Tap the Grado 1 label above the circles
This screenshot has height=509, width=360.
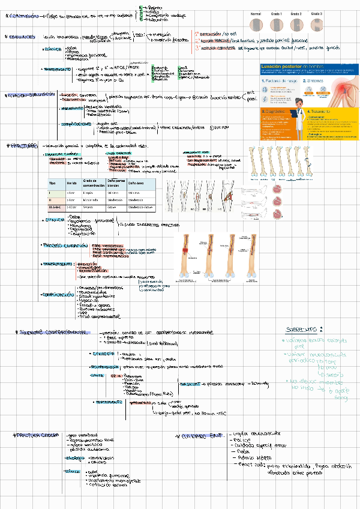(277, 13)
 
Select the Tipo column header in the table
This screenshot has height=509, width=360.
(52, 182)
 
